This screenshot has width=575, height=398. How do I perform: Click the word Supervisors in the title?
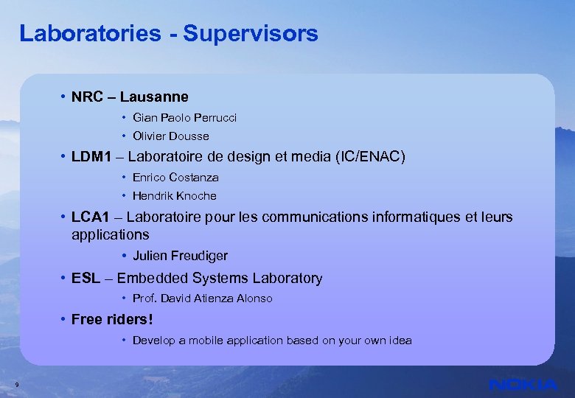251,33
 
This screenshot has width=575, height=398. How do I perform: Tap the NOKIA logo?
523,384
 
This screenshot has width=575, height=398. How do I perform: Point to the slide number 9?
16,384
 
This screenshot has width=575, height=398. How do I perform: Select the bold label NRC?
86,97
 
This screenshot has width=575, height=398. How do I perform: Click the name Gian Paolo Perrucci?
184,118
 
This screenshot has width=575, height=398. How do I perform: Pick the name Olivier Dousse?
170,136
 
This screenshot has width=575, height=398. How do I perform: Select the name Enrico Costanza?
175,178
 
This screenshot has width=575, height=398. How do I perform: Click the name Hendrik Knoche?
174,196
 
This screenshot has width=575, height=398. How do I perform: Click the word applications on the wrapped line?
110,234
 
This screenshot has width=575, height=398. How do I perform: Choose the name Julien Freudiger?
180,256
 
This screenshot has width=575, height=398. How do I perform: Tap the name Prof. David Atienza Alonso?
202,298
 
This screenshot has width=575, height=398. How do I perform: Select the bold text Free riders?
112,319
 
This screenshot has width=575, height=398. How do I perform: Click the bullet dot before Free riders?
64,319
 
